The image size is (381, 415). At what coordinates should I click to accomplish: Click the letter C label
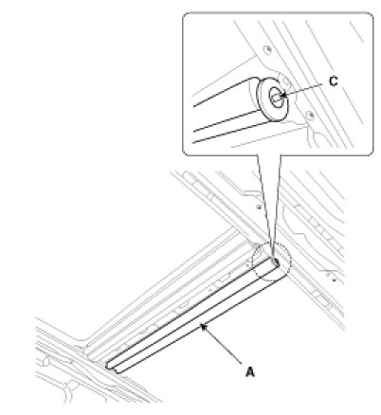click(333, 81)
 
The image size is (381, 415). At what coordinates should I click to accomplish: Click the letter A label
click(250, 371)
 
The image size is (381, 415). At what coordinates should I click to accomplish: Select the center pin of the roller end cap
click(277, 98)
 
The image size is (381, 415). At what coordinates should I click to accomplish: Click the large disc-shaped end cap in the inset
click(272, 99)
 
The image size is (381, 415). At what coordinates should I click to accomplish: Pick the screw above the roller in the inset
click(268, 49)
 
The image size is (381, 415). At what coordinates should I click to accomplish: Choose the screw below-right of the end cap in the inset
click(310, 115)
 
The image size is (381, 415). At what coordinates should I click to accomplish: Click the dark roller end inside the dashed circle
click(275, 262)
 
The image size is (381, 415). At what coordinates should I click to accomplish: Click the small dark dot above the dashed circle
click(259, 207)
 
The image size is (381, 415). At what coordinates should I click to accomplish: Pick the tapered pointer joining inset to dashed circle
click(269, 206)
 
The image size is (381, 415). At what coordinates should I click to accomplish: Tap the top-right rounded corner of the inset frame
click(371, 15)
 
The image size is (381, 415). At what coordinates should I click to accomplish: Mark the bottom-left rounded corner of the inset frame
click(186, 153)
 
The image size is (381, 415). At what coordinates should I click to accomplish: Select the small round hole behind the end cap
click(285, 81)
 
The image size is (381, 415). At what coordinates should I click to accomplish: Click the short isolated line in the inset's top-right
click(356, 32)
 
